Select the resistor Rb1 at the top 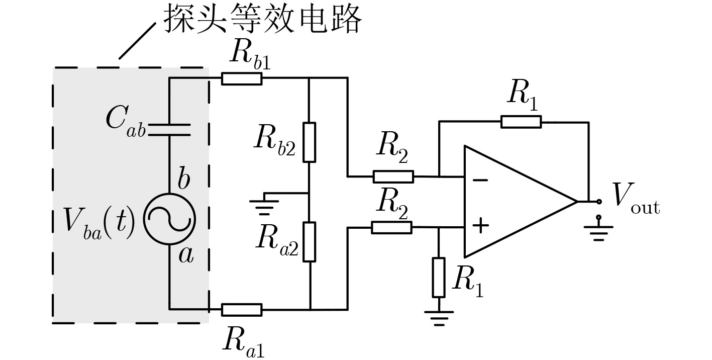[x=242, y=78]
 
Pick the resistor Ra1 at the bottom [x=242, y=309]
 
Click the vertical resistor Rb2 [x=309, y=142]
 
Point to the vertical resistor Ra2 [x=310, y=242]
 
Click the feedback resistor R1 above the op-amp [x=521, y=122]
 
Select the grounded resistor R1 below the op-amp [x=439, y=277]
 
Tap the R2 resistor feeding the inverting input [x=393, y=176]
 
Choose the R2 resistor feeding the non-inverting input [x=392, y=227]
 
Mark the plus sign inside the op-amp [x=480, y=225]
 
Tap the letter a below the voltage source [x=185, y=256]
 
